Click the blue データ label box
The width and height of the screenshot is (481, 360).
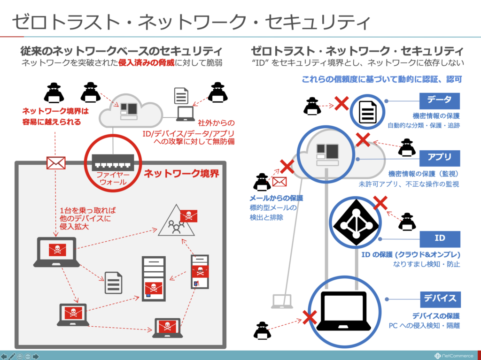pyautogui.click(x=439, y=101)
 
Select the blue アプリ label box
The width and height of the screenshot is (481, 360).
pyautogui.click(x=440, y=158)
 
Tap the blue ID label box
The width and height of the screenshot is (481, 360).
pyautogui.click(x=440, y=239)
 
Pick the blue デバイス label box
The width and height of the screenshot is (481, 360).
pyautogui.click(x=440, y=299)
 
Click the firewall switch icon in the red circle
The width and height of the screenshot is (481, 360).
pyautogui.click(x=113, y=162)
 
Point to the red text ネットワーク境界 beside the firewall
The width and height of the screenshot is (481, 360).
pyautogui.click(x=182, y=174)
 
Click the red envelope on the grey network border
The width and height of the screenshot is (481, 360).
pyautogui.click(x=56, y=163)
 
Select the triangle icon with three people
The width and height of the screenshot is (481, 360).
pyautogui.click(x=176, y=221)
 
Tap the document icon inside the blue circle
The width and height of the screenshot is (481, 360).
pyautogui.click(x=367, y=112)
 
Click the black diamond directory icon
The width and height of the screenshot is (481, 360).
pyautogui.click(x=356, y=222)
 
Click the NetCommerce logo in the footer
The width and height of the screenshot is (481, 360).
pyautogui.click(x=454, y=356)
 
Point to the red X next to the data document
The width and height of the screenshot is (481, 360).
pyautogui.click(x=341, y=103)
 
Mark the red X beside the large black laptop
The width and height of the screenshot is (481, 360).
pyautogui.click(x=310, y=317)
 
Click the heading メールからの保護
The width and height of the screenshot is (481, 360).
pyautogui.click(x=276, y=198)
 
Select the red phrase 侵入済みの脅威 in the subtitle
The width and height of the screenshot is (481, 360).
pyautogui.click(x=147, y=63)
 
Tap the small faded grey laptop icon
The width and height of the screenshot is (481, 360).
pyautogui.click(x=282, y=301)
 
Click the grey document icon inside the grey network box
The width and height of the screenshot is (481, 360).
pyautogui.click(x=114, y=283)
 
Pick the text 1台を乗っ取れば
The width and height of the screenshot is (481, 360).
pyautogui.click(x=88, y=211)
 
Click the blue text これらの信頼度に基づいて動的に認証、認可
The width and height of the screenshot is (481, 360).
pyautogui.click(x=382, y=79)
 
